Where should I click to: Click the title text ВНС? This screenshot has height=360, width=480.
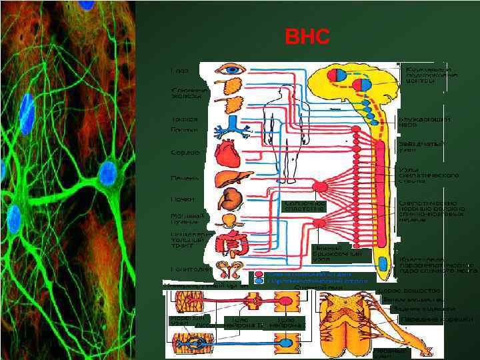point(307,37)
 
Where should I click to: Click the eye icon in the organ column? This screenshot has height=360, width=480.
point(235,69)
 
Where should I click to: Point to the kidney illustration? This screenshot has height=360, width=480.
point(233,199)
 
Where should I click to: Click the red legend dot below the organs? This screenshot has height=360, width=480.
point(259,273)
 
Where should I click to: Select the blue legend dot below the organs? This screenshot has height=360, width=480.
point(259,281)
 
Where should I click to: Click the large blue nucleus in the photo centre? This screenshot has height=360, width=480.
point(107,173)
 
